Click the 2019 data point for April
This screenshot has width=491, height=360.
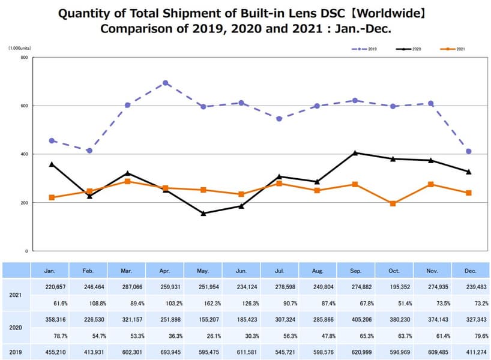point(166,83)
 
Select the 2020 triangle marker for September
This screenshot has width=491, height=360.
point(355,153)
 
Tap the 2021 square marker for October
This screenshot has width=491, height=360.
point(393,203)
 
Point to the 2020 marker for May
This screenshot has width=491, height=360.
point(203,213)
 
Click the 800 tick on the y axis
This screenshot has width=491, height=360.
point(24,58)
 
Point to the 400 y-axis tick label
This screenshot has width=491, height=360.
point(24,154)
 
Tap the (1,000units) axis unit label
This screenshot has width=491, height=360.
point(20,48)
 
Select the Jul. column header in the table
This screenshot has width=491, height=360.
point(279,271)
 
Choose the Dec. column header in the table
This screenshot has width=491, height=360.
point(471,271)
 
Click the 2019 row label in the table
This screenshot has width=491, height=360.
point(16,352)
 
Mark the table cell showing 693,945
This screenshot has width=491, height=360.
point(166,352)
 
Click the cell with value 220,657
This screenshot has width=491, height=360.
point(50,287)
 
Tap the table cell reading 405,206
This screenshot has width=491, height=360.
point(355,320)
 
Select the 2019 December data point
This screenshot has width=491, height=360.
point(469,151)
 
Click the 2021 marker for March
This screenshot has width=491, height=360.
point(127,181)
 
